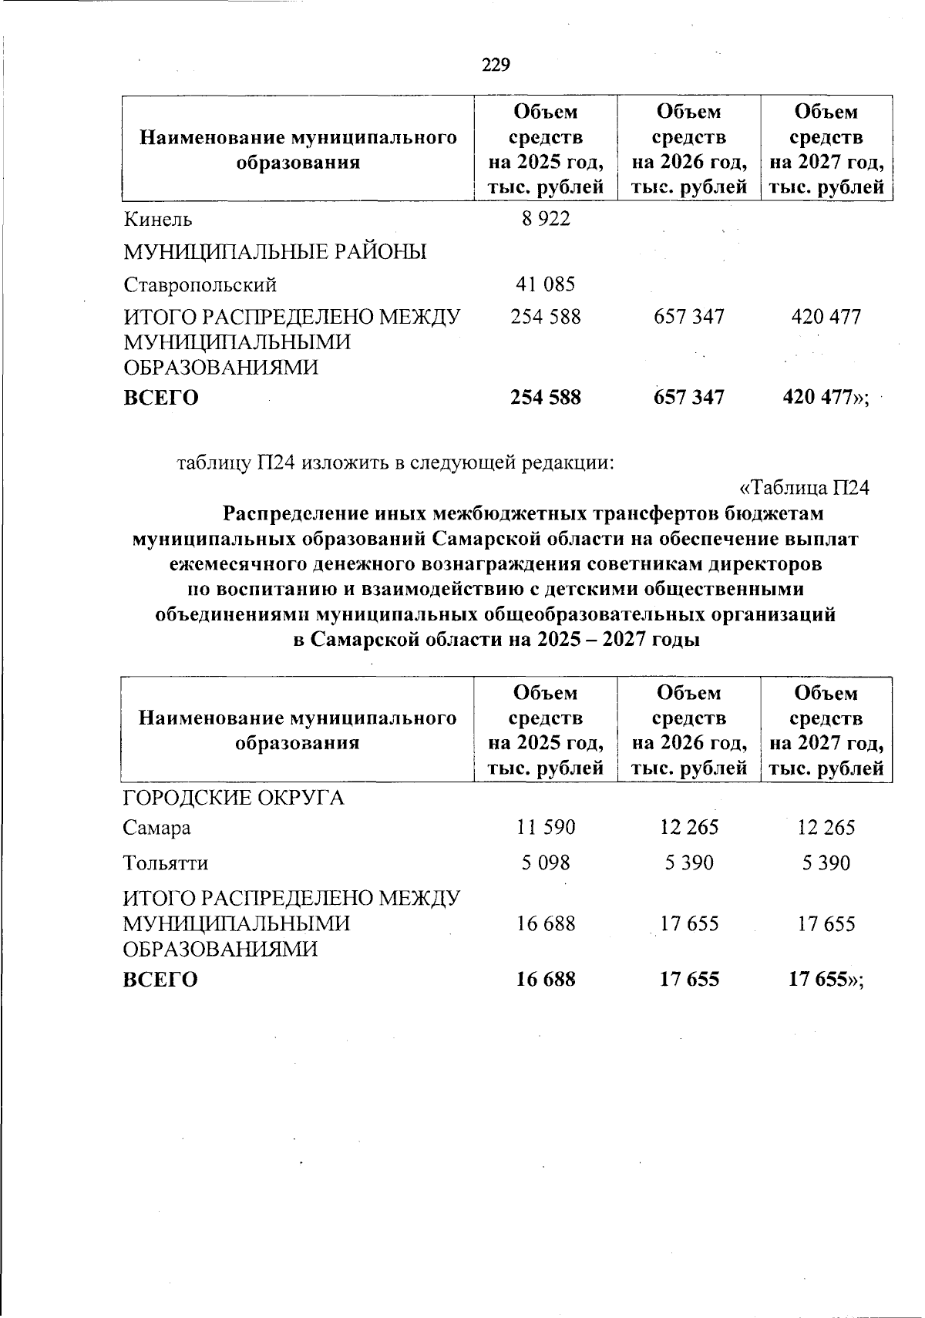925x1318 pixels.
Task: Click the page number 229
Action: tap(496, 65)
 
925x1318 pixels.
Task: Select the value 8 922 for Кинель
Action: tap(546, 219)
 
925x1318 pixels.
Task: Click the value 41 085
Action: tap(546, 285)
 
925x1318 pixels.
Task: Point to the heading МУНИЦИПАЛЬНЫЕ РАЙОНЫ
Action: tap(275, 252)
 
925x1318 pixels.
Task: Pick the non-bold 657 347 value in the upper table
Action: tap(689, 317)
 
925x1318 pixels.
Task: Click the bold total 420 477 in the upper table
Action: tap(822, 398)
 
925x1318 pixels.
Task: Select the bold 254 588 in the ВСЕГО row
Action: tap(546, 398)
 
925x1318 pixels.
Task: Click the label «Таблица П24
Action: tap(805, 488)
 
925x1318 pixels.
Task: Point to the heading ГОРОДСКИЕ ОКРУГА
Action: tap(234, 798)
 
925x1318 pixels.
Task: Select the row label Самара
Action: tap(157, 829)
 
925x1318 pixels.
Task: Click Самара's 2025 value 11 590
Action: tap(546, 829)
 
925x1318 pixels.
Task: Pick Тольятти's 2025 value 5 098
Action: tap(546, 862)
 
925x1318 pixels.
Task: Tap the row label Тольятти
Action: tap(166, 862)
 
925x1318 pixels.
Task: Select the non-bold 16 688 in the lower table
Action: tap(546, 923)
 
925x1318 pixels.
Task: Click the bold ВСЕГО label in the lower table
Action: tap(161, 980)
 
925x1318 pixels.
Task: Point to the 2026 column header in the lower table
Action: tap(689, 730)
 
